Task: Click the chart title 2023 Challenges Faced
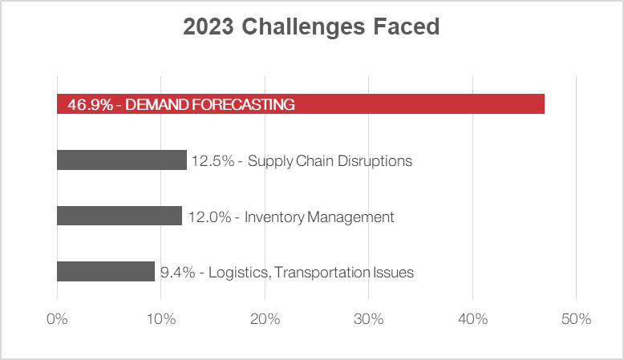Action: [311, 27]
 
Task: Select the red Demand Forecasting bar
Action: [417, 104]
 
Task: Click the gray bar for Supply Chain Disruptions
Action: [121, 160]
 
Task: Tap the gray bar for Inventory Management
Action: [120, 216]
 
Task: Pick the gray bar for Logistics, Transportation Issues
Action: [105, 272]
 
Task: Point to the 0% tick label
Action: [57, 319]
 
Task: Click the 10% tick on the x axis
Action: [160, 319]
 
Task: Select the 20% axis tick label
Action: [265, 319]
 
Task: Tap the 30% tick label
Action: [368, 319]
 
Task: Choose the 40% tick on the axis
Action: [472, 319]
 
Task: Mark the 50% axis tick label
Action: [576, 319]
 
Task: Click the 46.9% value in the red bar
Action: [88, 104]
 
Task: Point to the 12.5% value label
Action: [213, 161]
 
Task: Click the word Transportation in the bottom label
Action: [324, 273]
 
